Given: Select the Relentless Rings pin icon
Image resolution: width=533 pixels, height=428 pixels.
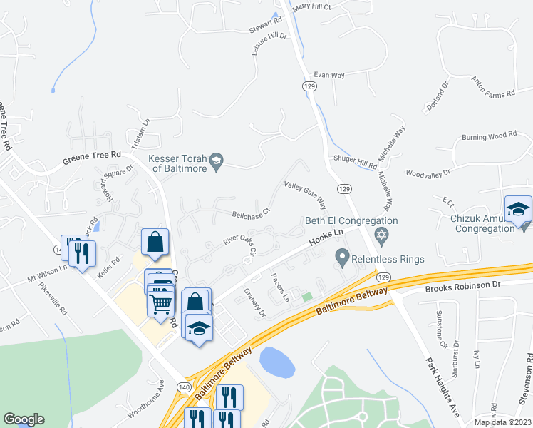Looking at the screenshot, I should click(343, 255).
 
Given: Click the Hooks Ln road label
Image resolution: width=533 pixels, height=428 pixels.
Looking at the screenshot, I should click(326, 238).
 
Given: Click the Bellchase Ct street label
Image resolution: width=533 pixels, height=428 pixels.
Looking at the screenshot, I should click(252, 213).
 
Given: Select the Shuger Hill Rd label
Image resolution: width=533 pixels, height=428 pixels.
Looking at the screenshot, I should click(355, 163).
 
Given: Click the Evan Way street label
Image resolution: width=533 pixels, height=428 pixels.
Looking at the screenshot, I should click(329, 74).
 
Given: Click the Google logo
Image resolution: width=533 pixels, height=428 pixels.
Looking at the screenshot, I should click(24, 419).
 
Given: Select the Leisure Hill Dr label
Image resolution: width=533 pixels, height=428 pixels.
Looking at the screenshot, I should click(269, 44).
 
